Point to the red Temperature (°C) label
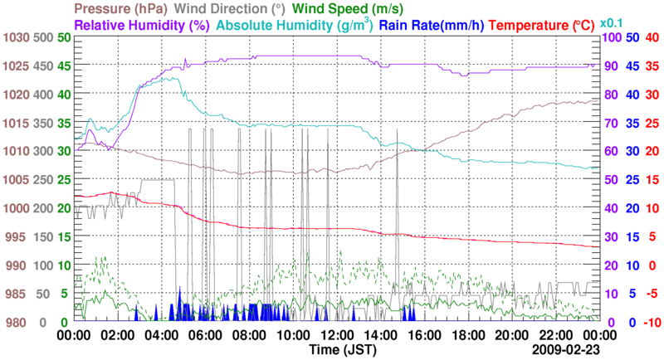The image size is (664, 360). [x=545, y=26]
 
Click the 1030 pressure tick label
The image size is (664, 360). [x=14, y=38]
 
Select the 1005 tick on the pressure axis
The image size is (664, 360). [x=14, y=180]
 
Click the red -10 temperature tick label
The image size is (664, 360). [x=652, y=322]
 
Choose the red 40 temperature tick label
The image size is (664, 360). [x=652, y=38]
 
